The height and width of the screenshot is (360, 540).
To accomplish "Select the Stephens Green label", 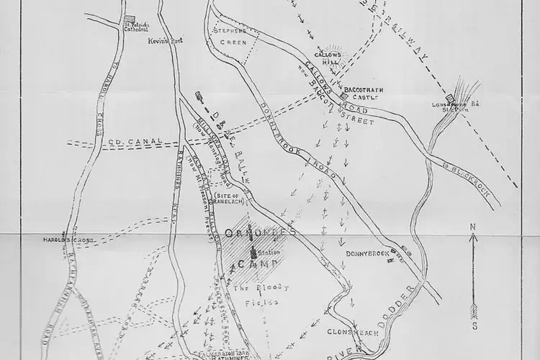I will (232, 36).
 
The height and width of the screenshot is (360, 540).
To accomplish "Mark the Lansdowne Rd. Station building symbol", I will (450, 99).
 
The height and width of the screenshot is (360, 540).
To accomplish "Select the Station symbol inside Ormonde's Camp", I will (253, 252).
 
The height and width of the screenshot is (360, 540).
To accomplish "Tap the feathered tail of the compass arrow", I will (472, 310).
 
